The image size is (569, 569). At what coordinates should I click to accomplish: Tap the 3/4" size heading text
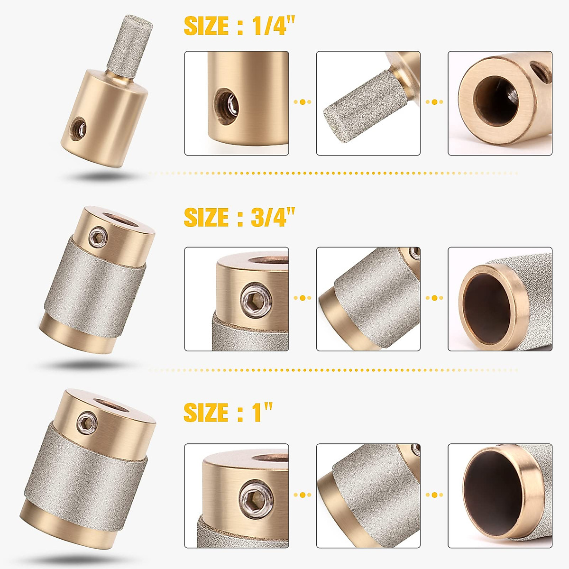(239, 218)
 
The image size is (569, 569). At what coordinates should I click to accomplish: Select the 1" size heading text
(228, 413)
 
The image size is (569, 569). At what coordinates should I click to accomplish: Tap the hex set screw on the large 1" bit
(86, 420)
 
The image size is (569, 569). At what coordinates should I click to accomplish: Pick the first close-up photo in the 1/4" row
(237, 103)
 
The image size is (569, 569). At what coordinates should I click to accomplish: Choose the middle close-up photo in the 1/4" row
(368, 103)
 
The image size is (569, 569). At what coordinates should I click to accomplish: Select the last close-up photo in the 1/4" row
(500, 103)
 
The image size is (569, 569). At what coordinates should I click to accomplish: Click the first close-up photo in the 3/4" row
(237, 299)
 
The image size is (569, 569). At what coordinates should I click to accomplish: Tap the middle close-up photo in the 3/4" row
(368, 299)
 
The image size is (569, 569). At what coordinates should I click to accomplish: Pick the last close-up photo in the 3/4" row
(500, 299)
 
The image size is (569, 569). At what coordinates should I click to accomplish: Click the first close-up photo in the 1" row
(237, 496)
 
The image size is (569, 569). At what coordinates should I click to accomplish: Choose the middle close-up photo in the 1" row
(368, 496)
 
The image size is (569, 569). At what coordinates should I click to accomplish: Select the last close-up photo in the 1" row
(500, 496)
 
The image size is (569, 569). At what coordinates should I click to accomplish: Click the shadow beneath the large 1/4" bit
(102, 176)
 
